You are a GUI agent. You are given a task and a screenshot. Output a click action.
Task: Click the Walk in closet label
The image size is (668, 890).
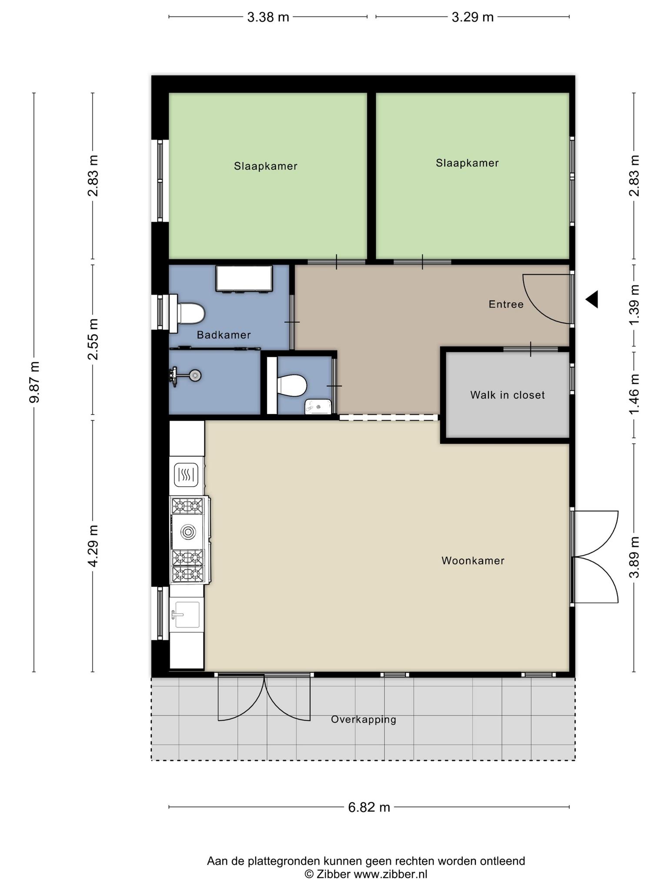click(507, 395)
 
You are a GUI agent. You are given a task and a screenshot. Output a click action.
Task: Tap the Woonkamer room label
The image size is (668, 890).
click(473, 561)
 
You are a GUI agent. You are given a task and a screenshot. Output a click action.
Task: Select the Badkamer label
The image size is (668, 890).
click(224, 335)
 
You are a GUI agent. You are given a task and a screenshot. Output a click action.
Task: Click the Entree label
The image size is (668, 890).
click(506, 304)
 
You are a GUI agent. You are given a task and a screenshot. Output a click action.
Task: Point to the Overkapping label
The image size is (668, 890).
click(364, 720)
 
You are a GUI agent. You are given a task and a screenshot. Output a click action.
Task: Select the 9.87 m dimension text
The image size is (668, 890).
click(34, 382)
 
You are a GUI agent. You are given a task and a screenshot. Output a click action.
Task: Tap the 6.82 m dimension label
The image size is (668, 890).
click(369, 807)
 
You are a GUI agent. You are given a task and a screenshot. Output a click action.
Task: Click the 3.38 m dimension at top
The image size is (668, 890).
click(268, 17)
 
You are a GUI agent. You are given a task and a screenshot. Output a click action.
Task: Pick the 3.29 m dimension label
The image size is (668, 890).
click(473, 17)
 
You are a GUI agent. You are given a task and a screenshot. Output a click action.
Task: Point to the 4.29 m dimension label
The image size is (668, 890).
click(93, 546)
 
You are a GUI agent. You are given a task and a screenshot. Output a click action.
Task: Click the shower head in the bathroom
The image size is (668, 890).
click(195, 375)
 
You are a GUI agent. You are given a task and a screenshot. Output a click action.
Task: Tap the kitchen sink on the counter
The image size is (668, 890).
click(187, 614)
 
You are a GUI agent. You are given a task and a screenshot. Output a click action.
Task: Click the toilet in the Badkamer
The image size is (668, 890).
click(190, 313)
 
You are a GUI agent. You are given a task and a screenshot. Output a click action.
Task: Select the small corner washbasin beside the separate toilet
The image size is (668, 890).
click(318, 407)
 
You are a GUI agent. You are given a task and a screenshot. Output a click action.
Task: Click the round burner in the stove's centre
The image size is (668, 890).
click(188, 531)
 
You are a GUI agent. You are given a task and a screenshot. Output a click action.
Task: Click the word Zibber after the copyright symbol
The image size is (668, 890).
click(334, 874)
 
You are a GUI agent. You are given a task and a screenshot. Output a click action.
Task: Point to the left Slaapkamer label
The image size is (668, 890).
click(266, 166)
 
